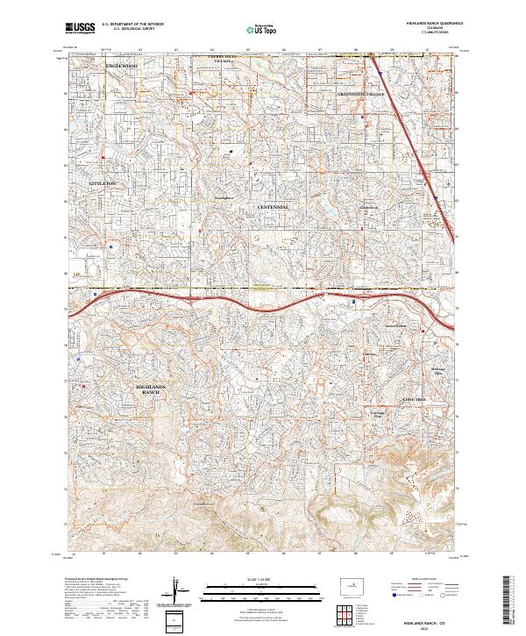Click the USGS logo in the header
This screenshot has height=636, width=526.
click(x=81, y=29)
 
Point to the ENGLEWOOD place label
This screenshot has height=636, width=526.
click(x=122, y=66)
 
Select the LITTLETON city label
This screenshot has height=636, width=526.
click(x=103, y=182)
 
